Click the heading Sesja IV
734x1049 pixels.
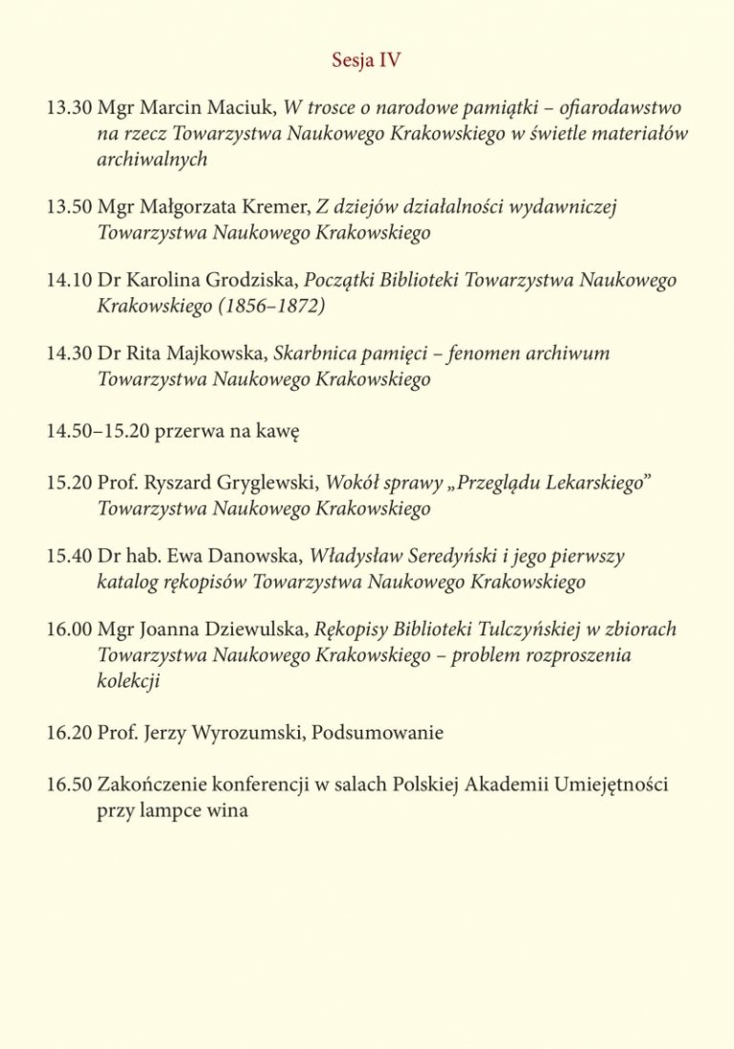(366, 60)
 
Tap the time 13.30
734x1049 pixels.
(69, 108)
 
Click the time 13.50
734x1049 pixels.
(69, 206)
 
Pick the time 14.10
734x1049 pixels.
(69, 280)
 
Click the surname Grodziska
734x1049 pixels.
(252, 280)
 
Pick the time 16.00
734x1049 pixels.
(69, 630)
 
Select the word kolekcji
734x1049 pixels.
(129, 681)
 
